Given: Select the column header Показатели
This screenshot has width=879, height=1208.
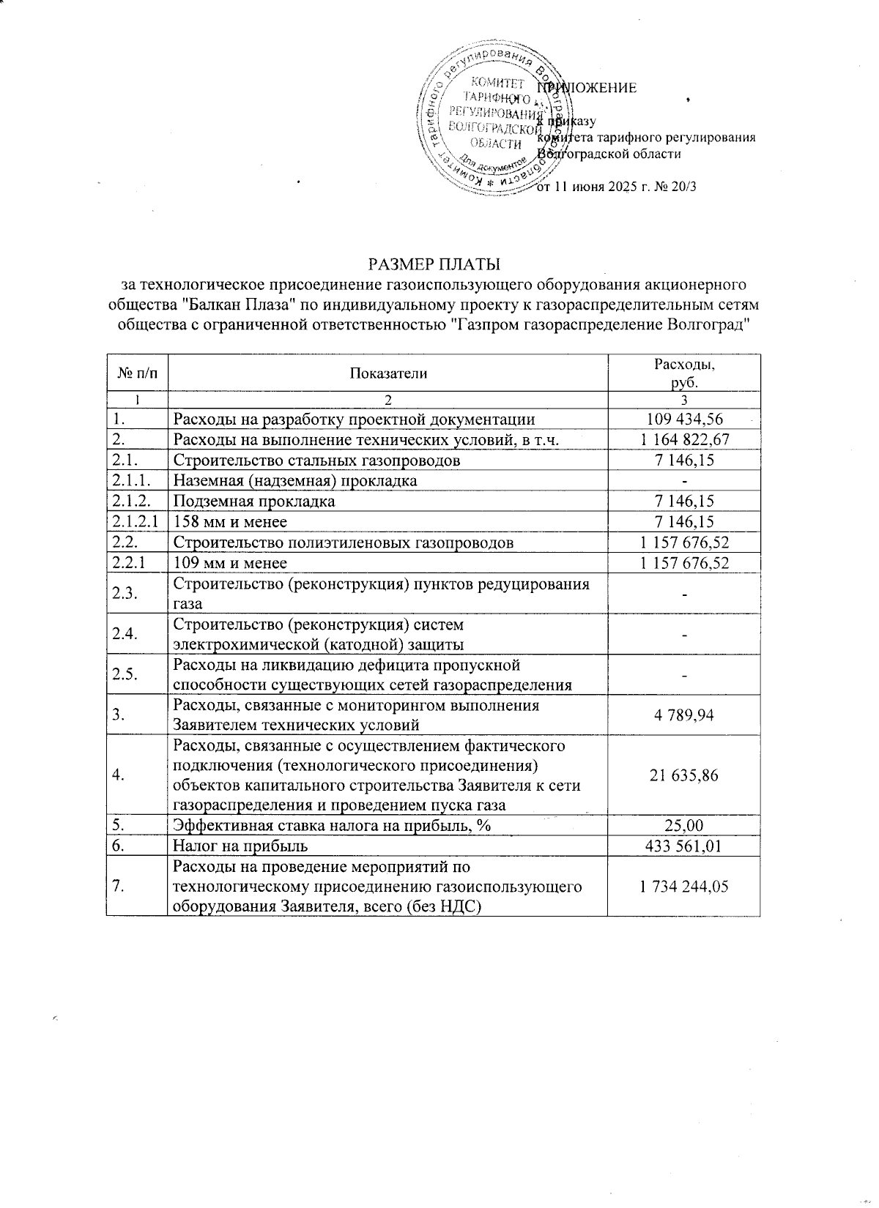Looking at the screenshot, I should pyautogui.click(x=388, y=373).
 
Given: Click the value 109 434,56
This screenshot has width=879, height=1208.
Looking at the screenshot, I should pyautogui.click(x=684, y=420).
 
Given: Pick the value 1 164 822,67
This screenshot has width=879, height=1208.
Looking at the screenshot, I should pyautogui.click(x=684, y=440).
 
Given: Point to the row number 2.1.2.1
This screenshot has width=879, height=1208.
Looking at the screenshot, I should pyautogui.click(x=136, y=521).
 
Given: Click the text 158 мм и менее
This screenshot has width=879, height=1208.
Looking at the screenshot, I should pyautogui.click(x=230, y=522).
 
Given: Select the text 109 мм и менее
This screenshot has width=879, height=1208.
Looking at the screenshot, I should pyautogui.click(x=230, y=563).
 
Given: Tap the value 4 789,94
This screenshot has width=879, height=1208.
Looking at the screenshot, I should pyautogui.click(x=684, y=715).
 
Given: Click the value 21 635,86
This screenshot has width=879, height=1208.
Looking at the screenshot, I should pyautogui.click(x=684, y=776).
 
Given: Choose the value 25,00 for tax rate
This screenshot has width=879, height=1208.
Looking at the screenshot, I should pyautogui.click(x=684, y=826).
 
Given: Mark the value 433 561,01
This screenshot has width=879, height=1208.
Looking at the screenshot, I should pyautogui.click(x=684, y=846).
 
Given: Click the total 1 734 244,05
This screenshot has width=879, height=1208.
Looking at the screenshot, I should pyautogui.click(x=684, y=887).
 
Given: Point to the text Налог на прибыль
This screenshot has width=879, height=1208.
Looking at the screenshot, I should pyautogui.click(x=240, y=846).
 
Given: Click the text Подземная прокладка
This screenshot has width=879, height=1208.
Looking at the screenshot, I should pyautogui.click(x=253, y=502).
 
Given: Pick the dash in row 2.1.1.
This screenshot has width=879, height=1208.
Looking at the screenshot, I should pyautogui.click(x=684, y=482).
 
